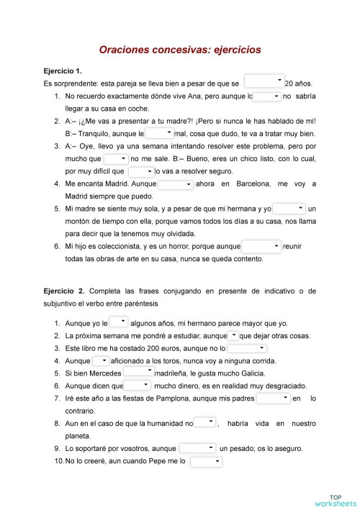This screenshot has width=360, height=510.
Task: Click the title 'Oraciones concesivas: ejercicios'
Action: pos(179,50)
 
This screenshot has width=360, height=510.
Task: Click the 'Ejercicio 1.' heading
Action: pos(63,71)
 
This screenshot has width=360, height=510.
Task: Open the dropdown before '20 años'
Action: pos(264,81)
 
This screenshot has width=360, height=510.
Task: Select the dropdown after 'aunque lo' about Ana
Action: pos(266,96)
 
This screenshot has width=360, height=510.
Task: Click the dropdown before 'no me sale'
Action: pos(115,158)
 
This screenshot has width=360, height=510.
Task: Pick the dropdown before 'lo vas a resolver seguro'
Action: pos(141,171)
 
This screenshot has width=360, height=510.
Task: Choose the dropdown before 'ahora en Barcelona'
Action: pos(176,184)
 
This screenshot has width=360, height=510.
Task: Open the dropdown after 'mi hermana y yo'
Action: pos(289,209)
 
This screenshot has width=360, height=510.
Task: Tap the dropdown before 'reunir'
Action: pos(261,246)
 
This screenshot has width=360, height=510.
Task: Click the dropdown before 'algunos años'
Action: pos(119,322)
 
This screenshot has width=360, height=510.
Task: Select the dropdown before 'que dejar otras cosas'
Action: pos(233,335)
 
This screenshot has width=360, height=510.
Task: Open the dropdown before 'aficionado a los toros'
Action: pos(101,360)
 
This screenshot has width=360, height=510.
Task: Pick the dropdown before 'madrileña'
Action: pos(138,373)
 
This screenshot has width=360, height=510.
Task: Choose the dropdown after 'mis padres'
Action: pos(274,398)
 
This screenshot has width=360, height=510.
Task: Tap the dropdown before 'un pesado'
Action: pos(197,447)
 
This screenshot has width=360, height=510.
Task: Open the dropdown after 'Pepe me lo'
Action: pos(206,461)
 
